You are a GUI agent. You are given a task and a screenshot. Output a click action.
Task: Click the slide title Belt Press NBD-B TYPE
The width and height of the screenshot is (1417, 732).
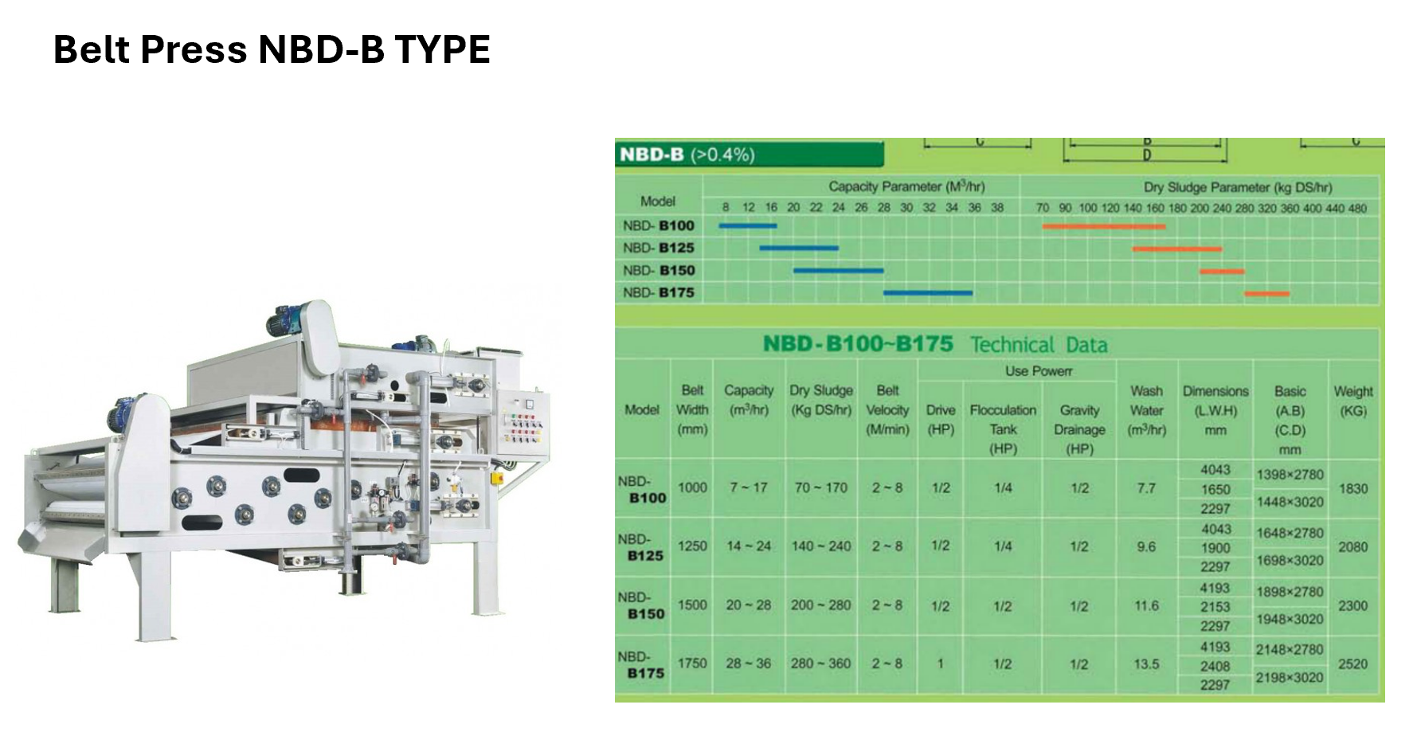click(x=272, y=49)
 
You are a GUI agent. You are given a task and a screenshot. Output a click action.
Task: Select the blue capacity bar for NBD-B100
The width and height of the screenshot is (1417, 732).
click(x=747, y=226)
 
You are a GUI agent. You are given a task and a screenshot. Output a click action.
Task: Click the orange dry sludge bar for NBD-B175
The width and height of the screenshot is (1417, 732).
click(x=1266, y=294)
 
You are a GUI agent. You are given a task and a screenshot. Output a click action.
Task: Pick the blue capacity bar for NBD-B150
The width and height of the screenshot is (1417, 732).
click(x=838, y=271)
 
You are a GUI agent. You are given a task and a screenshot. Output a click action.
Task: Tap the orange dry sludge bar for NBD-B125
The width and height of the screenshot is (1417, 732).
click(x=1177, y=249)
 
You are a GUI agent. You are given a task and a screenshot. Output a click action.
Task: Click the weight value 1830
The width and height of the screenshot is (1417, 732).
click(x=1352, y=488)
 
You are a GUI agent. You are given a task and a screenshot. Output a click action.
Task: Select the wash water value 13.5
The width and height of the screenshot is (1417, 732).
click(x=1146, y=663)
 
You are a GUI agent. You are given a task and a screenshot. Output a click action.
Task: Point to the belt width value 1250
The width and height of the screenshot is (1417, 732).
click(x=692, y=546)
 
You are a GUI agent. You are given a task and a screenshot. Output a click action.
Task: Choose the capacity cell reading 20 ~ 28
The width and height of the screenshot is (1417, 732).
click(x=748, y=605)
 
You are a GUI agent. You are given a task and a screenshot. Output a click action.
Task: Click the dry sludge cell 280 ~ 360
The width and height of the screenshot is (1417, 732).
click(x=820, y=663)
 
